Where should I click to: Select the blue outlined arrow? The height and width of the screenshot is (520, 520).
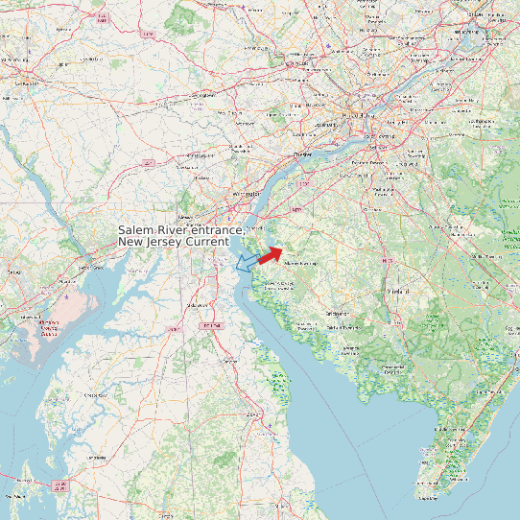click(x=247, y=261)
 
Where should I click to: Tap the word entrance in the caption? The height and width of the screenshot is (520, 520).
click(x=215, y=231)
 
